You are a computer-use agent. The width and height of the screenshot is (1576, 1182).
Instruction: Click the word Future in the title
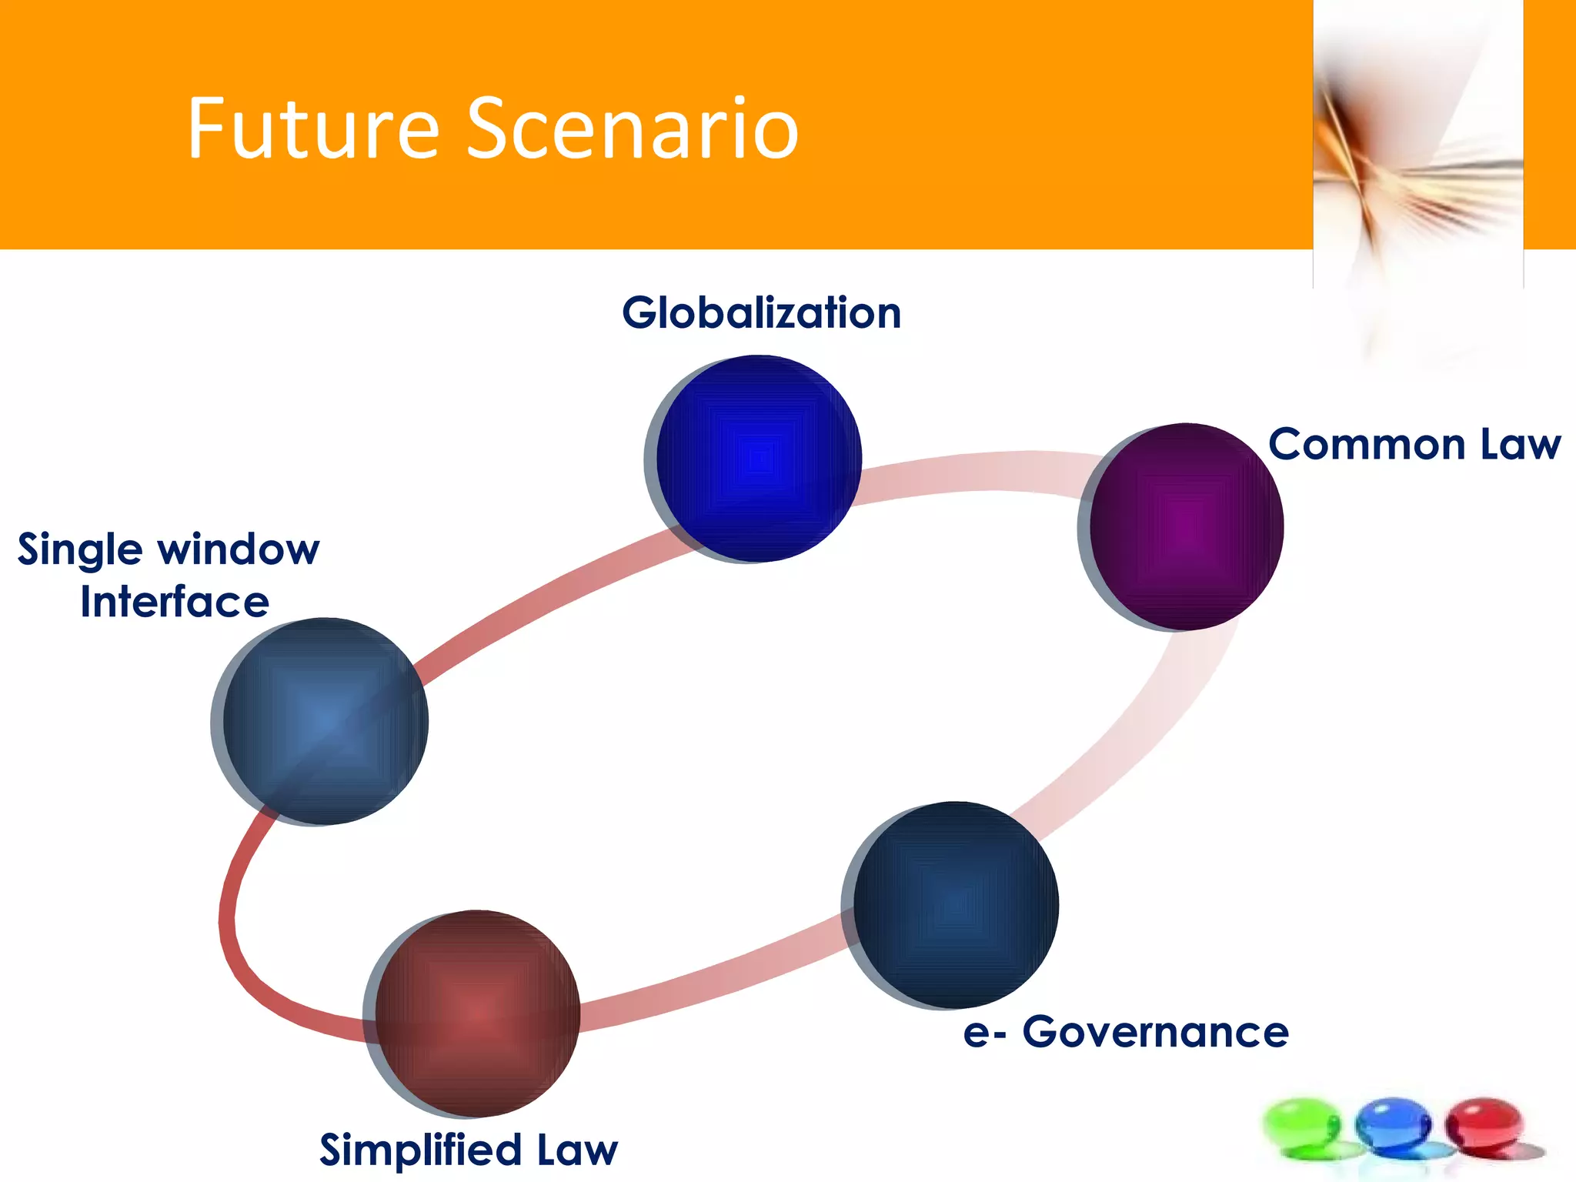(x=312, y=129)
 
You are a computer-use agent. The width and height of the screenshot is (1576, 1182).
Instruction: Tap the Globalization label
(x=761, y=313)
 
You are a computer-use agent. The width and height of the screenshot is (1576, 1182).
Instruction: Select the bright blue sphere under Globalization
(x=758, y=459)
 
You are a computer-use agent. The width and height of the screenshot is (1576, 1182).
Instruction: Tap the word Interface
(x=175, y=602)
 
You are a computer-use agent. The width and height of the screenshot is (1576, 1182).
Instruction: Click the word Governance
(x=1155, y=1032)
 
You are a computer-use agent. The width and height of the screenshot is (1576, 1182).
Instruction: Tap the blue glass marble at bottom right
(x=1393, y=1125)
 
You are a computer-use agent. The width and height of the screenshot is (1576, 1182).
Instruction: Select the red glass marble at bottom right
(x=1484, y=1125)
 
